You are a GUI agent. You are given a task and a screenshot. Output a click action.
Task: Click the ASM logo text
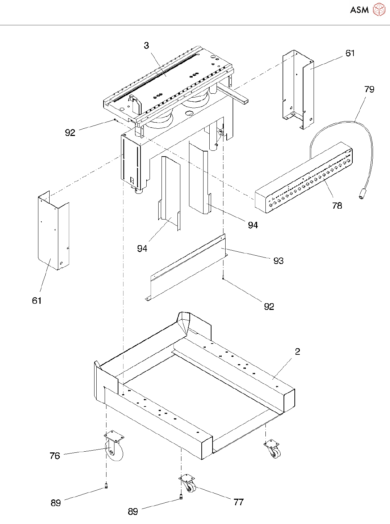pos(359,10)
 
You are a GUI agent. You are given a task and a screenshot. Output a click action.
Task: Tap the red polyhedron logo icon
pos(379,9)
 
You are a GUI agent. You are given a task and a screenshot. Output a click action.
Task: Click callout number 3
pos(147,46)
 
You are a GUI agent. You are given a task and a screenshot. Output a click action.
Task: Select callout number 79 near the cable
pos(369,89)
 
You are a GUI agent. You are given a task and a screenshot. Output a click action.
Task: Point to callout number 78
pos(337,206)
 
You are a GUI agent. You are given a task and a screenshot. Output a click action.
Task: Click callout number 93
pos(278,261)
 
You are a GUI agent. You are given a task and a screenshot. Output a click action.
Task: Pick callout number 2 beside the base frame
pos(297,352)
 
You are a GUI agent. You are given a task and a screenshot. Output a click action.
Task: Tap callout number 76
pos(55,456)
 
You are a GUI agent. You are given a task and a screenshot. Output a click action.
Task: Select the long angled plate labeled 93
pos(185,267)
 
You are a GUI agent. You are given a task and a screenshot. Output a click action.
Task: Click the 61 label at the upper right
pos(350,54)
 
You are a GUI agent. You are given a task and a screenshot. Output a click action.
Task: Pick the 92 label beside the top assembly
pos(70,133)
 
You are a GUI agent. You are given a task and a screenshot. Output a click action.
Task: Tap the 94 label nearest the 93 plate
pos(253,225)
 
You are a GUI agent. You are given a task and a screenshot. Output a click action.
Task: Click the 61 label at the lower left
pos(37,301)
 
